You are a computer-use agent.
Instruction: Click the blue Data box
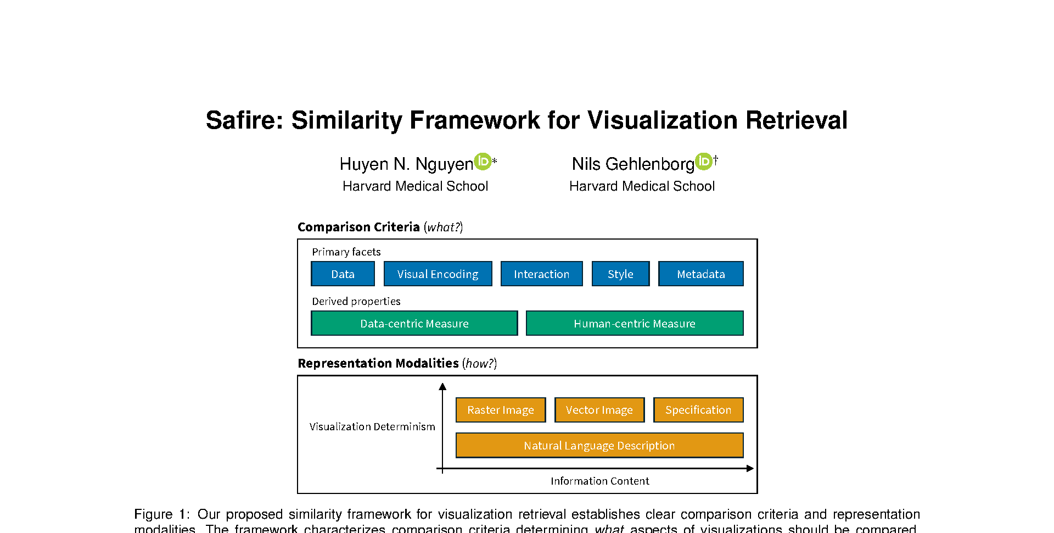(343, 274)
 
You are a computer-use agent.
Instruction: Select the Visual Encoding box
(438, 274)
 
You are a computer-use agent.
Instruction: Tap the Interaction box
(541, 274)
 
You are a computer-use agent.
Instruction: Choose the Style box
(620, 274)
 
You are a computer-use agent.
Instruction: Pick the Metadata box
(700, 274)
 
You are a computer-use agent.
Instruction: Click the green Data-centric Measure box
(414, 323)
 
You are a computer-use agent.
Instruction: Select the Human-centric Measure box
(634, 323)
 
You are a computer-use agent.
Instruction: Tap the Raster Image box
(500, 410)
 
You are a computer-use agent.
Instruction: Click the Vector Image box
(599, 410)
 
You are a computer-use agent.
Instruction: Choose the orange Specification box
(698, 410)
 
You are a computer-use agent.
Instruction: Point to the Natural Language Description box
(599, 445)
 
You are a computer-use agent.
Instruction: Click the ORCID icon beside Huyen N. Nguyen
(483, 162)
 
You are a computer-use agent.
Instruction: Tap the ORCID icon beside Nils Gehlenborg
(703, 162)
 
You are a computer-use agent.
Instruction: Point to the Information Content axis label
(599, 481)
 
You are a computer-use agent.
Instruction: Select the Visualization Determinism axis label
(372, 426)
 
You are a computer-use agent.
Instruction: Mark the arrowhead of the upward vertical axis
(442, 386)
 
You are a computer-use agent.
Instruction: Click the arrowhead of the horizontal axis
(750, 468)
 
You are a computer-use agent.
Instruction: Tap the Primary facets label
(346, 252)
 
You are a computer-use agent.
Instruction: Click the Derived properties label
(356, 301)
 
